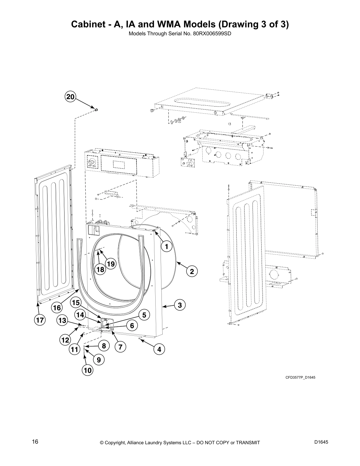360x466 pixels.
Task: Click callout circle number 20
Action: (70, 97)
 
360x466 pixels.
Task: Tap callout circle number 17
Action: (39, 320)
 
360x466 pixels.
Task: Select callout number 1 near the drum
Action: (166, 247)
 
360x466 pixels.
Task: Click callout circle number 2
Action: (192, 271)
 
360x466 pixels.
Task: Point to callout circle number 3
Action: (180, 305)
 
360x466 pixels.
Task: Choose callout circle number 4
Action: (159, 349)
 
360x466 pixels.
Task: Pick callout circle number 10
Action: (88, 370)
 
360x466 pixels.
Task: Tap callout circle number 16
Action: (57, 308)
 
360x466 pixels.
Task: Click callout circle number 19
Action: (111, 264)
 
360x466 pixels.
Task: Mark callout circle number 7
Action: (120, 347)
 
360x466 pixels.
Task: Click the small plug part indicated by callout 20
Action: (96, 110)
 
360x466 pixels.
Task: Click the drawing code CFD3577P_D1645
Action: (300, 377)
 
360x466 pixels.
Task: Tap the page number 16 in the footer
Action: (35, 442)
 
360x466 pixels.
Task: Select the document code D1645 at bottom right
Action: (321, 442)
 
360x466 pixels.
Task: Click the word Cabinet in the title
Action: (88, 24)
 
